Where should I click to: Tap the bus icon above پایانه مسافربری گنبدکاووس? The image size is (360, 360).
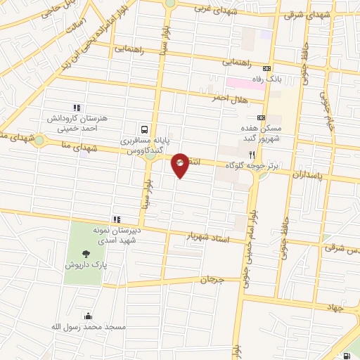tap(144, 129)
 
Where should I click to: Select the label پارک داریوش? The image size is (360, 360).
tap(85, 265)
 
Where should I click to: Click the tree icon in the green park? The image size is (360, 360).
tap(86, 254)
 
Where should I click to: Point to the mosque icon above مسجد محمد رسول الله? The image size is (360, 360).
tap(87, 316)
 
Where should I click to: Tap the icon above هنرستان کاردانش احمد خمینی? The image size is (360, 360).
tap(77, 108)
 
